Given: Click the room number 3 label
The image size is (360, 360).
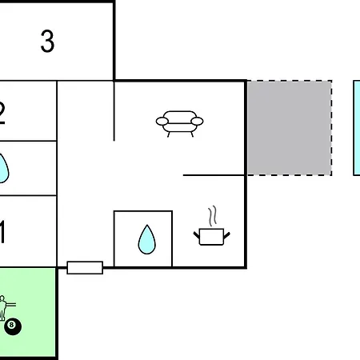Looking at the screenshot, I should coord(47,42).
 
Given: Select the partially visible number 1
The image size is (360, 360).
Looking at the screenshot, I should coord(2,234).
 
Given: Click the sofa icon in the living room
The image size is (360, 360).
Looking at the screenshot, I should coord(179,122).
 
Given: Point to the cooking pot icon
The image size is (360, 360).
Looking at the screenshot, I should coord(212,235).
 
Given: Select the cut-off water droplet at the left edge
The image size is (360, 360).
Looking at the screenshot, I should coord(3,168).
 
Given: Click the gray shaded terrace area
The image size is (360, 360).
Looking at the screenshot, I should coord(289,128).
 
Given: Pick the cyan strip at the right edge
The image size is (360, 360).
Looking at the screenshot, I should coord(357,128).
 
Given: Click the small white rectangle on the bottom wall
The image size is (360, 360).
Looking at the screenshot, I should coord(85,267).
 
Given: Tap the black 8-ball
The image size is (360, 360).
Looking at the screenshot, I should coord(12,326).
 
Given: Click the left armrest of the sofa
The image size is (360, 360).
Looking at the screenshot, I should coord(162,122).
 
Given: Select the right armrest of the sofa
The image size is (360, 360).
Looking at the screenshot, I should coord(197,122).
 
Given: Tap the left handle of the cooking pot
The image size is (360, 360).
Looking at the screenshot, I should coord(197,234).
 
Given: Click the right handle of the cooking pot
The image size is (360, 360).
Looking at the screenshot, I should coord(227,234).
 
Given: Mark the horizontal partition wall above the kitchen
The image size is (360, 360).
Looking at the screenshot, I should coord(214,174).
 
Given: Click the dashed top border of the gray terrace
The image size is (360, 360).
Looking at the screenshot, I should coord(289,81).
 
